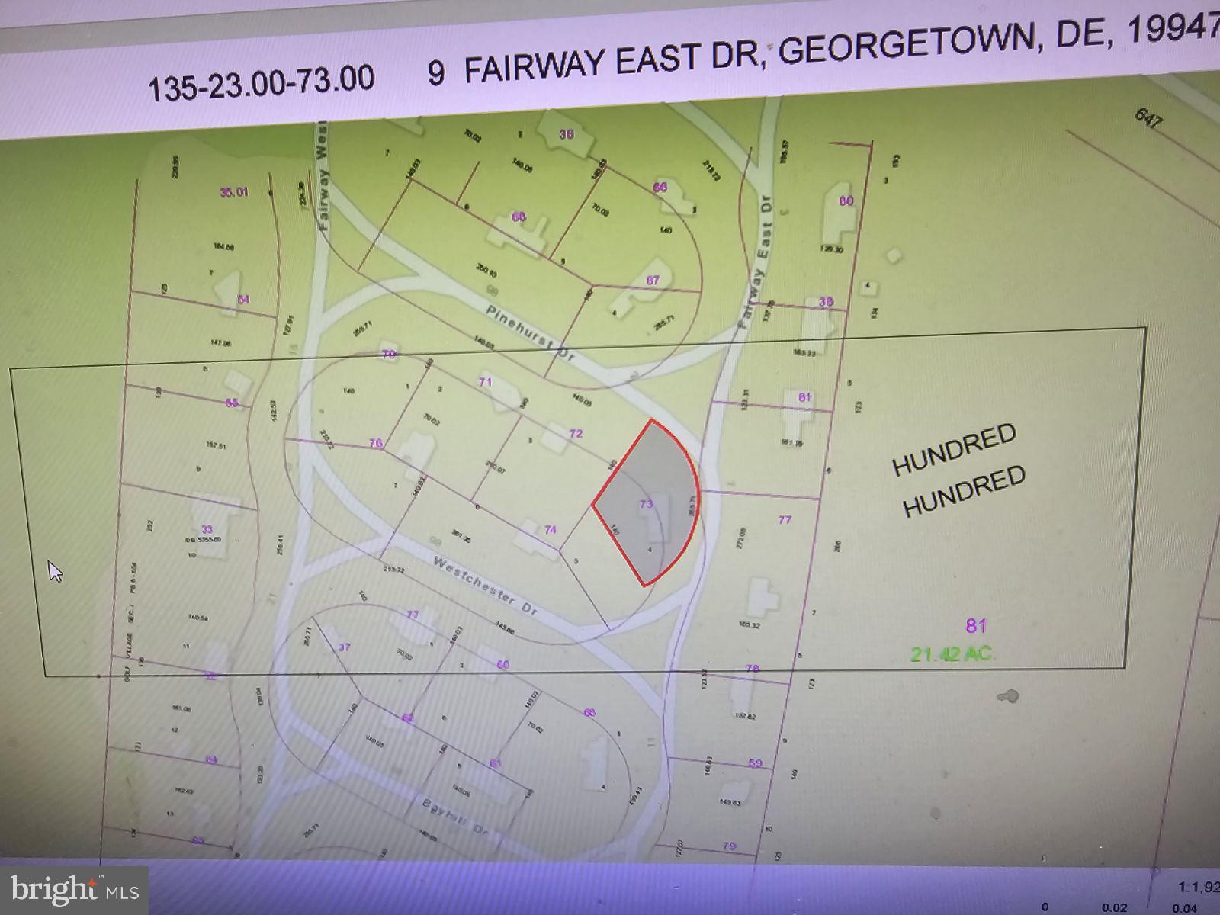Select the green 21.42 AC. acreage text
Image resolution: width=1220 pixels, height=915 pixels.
pyautogui.click(x=953, y=653)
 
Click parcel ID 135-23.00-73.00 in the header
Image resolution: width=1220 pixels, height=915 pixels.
pyautogui.click(x=261, y=82)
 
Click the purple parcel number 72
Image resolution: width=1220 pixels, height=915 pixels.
pyautogui.click(x=576, y=433)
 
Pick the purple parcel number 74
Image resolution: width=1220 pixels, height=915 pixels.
pyautogui.click(x=551, y=530)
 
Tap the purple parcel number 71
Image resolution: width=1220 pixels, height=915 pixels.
pyautogui.click(x=486, y=383)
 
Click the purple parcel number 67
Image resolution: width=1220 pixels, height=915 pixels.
pyautogui.click(x=653, y=281)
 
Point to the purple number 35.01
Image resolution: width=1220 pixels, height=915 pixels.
pyautogui.click(x=234, y=193)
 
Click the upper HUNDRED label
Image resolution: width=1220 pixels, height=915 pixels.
pyautogui.click(x=954, y=449)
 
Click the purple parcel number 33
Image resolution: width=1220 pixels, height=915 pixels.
pyautogui.click(x=207, y=529)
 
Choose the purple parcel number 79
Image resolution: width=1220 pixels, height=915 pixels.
pyautogui.click(x=729, y=846)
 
